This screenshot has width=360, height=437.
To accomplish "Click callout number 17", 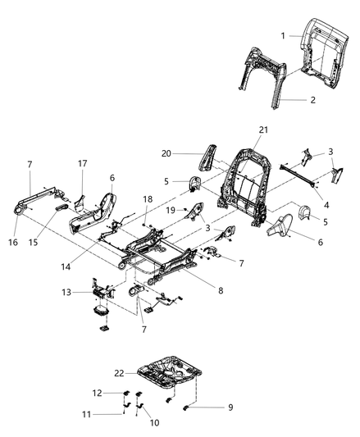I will (82, 163).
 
